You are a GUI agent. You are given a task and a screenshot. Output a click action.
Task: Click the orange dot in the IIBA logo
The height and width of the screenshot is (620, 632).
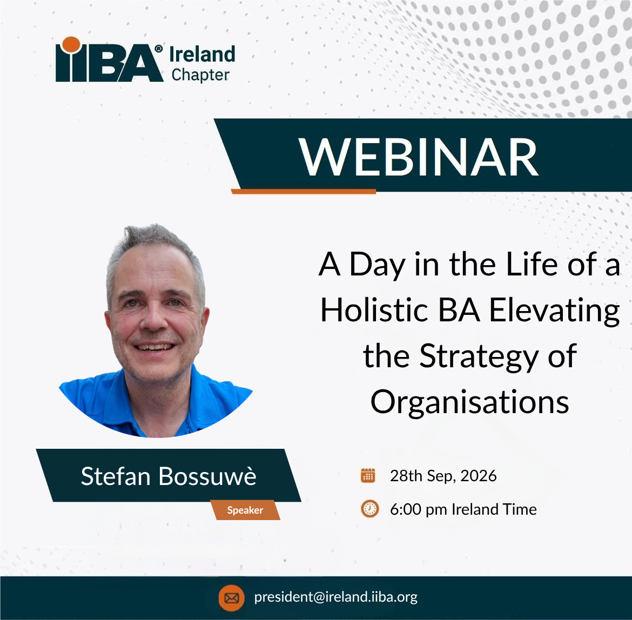point(71,45)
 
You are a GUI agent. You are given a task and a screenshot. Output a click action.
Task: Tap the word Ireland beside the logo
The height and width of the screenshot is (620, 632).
point(203,55)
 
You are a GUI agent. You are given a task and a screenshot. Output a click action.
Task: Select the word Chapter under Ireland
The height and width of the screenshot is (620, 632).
point(200,75)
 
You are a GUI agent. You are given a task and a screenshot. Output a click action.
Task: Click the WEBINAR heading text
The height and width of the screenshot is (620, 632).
point(418,157)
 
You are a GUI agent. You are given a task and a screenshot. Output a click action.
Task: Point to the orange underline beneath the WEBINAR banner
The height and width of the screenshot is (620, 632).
point(304,191)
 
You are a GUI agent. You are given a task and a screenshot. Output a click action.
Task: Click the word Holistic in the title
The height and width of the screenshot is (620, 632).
point(374,310)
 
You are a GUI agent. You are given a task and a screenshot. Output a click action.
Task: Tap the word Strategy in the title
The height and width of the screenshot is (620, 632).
point(479,358)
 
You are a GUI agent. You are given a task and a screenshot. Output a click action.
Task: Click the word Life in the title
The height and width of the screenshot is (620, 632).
point(532,264)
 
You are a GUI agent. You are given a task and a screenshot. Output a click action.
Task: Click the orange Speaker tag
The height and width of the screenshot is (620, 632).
point(245,510)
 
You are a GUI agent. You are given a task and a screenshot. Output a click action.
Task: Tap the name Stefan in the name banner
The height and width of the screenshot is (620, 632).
point(116,476)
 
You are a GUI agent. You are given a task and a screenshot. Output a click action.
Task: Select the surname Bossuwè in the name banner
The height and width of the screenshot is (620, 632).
point(207,476)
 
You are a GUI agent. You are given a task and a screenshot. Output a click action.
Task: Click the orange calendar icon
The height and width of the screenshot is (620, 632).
point(368,475)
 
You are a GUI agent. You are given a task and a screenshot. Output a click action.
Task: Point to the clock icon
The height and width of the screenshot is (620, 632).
point(369,508)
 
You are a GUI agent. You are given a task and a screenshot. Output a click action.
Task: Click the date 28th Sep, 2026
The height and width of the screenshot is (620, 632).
point(443,476)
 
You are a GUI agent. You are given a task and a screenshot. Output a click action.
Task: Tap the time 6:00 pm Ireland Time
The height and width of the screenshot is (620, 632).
point(463,510)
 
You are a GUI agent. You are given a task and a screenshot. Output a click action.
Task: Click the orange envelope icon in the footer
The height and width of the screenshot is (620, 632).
point(231,598)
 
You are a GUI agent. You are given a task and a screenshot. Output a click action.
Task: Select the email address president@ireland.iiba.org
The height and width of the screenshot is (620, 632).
point(336,597)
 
